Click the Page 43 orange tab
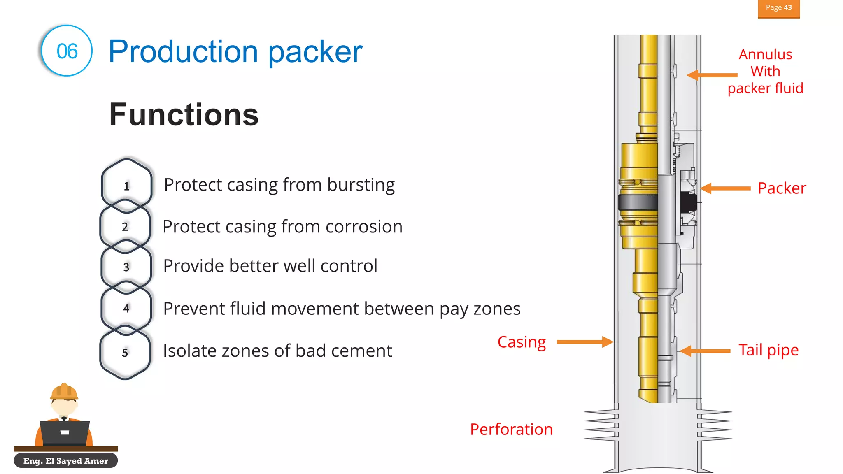(778, 8)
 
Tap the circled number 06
(67, 51)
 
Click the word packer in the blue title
(315, 52)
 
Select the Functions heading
(184, 114)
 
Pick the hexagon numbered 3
(126, 267)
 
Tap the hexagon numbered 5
(125, 352)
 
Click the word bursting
(361, 185)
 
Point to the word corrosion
(364, 227)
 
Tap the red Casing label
(521, 342)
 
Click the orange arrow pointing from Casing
(584, 342)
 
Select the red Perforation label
(511, 429)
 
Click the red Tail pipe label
(768, 350)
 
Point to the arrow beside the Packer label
(725, 188)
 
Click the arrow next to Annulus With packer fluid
(712, 75)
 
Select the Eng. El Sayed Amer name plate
(65, 460)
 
